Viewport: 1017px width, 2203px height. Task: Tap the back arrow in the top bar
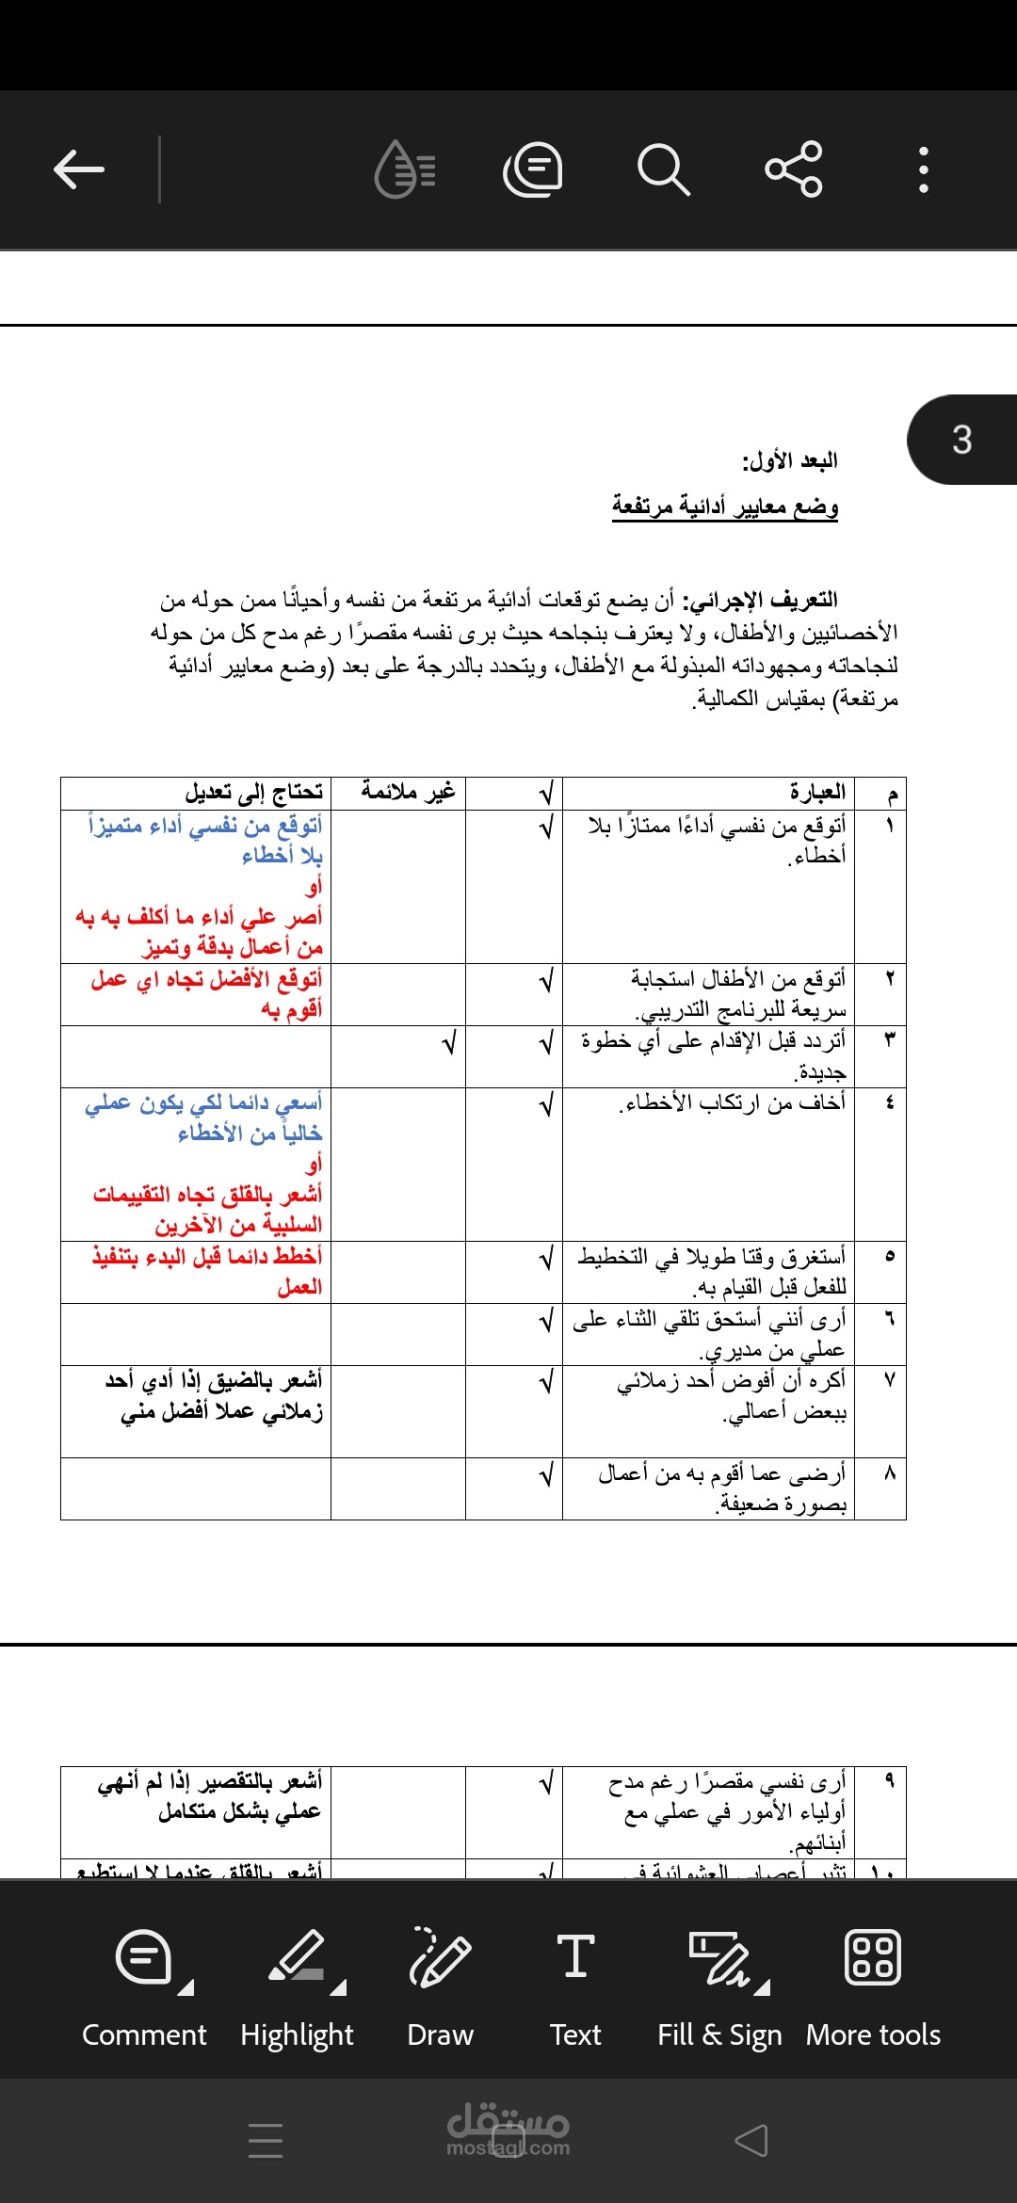click(79, 169)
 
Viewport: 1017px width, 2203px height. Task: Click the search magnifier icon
click(663, 169)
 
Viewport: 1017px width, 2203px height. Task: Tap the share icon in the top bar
click(794, 169)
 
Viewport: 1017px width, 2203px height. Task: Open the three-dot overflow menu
click(923, 169)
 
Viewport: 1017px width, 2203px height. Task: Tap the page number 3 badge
click(961, 440)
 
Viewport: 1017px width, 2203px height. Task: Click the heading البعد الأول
click(789, 461)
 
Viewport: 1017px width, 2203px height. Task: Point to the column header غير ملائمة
click(408, 793)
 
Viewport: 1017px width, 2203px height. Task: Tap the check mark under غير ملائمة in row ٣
click(449, 1043)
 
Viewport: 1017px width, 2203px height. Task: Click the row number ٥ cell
click(889, 1256)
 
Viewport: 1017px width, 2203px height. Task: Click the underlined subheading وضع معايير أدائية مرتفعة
click(725, 507)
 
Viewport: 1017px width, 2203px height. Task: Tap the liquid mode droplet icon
click(405, 169)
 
